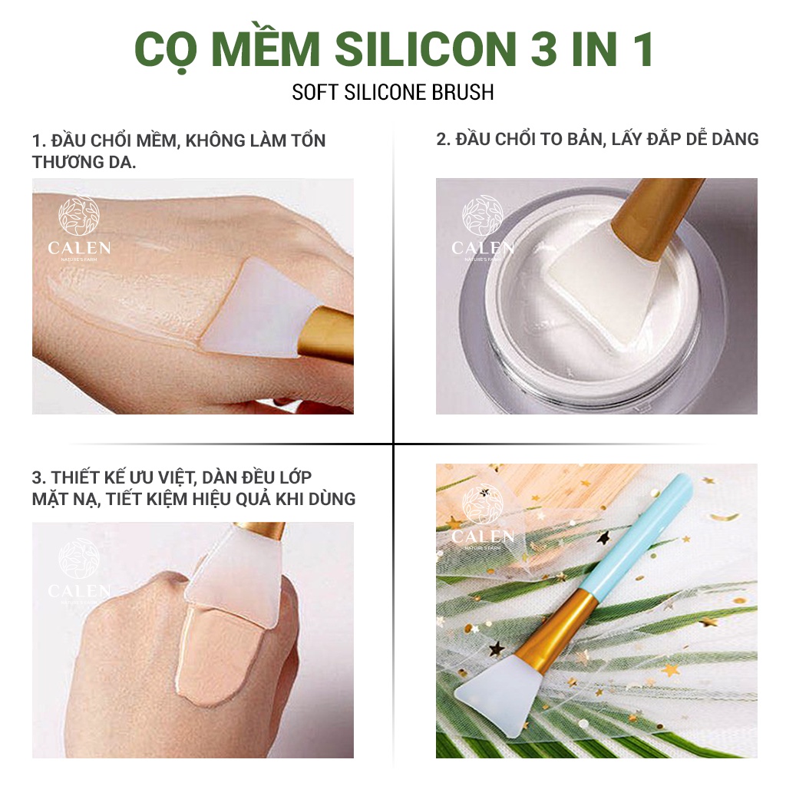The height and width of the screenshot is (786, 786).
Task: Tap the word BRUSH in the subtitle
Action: point(461,92)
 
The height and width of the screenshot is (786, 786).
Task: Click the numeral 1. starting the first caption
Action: point(39,141)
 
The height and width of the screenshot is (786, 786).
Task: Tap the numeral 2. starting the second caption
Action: point(443,139)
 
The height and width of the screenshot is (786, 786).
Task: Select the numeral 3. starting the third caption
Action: point(39,478)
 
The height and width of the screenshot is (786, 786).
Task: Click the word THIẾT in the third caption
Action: point(78,478)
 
